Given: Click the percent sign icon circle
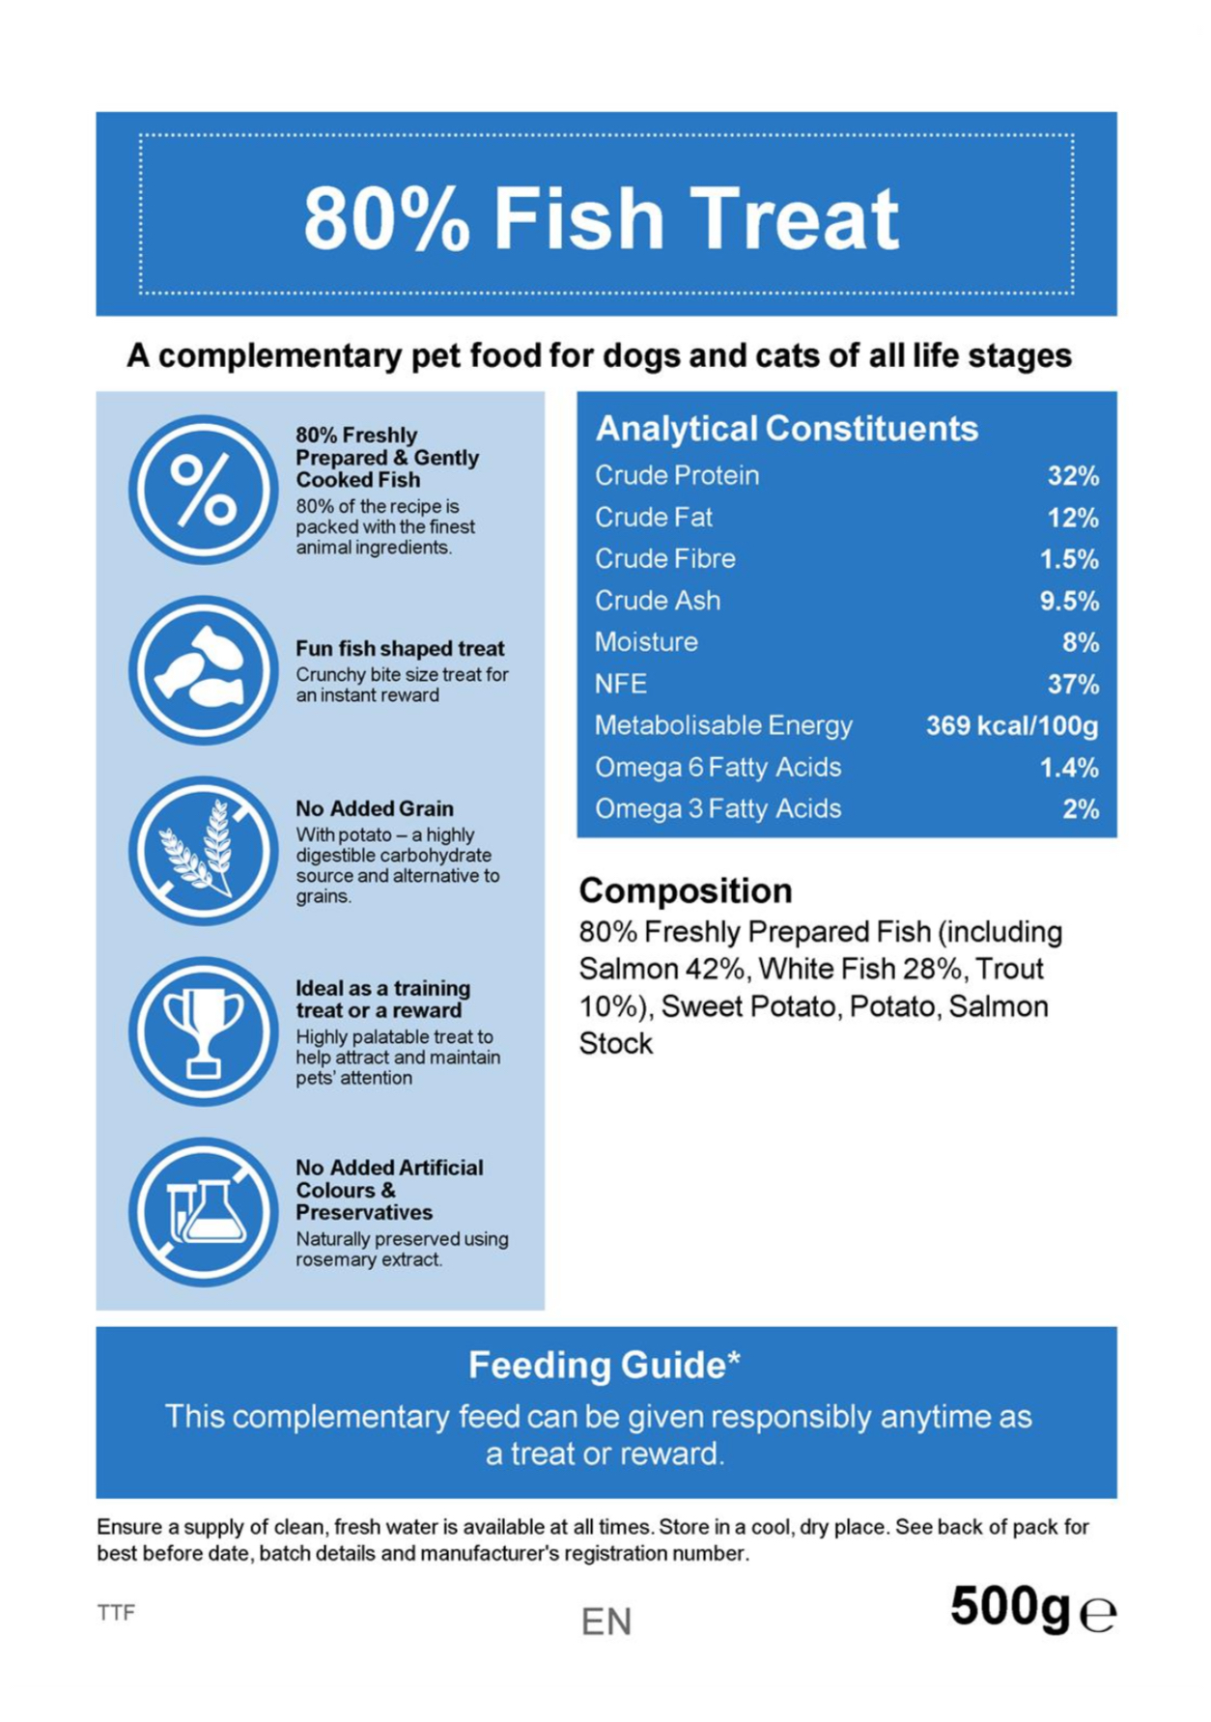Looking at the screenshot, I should tap(203, 490).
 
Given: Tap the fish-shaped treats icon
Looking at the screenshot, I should tap(203, 669).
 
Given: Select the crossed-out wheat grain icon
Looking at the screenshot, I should tap(203, 851).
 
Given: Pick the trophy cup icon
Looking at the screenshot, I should tap(203, 1031).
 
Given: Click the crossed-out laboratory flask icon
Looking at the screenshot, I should tap(203, 1212).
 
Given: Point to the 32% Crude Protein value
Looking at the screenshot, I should tap(1073, 476).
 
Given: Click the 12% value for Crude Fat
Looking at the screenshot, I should tap(1073, 519).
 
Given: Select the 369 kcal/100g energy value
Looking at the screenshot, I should tap(1011, 726).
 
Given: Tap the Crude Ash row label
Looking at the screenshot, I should tap(657, 601).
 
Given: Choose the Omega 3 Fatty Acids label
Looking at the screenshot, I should tap(718, 809).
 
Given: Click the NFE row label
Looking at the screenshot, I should tap(620, 685).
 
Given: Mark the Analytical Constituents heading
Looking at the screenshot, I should tap(786, 429).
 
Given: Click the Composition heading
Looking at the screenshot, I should tap(685, 890).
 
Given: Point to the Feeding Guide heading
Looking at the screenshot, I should tap(605, 1366).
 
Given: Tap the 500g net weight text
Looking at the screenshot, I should tap(1010, 1606).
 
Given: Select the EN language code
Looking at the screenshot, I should tap(605, 1622).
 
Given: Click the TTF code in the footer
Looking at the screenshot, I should tap(116, 1612).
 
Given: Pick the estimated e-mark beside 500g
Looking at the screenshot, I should tap(1098, 1614).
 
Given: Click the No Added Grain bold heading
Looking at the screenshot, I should tap(374, 809).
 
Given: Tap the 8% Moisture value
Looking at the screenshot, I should tap(1080, 643).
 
